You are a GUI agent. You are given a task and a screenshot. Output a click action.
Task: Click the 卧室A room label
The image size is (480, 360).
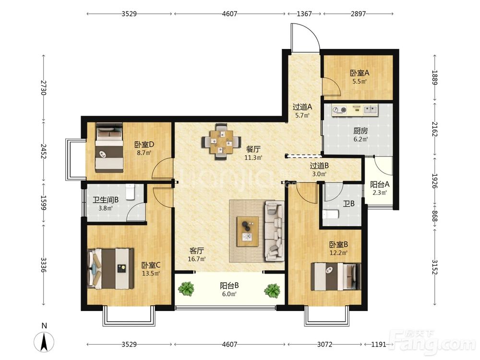tap(360, 73)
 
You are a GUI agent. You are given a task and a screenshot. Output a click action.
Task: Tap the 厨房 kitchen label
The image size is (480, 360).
tap(360, 131)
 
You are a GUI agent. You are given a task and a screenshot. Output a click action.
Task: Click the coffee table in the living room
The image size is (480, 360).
tap(248, 231)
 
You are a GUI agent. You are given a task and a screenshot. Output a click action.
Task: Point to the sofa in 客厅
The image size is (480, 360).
tap(275, 231)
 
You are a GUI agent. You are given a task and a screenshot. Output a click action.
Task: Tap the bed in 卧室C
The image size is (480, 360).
tap(111, 269)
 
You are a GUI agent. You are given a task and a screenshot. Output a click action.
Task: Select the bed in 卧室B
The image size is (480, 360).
tap(336, 277)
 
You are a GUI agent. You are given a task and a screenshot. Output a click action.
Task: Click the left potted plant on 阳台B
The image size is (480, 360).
tap(186, 288)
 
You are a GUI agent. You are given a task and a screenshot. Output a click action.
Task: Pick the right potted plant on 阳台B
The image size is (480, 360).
tap(272, 290)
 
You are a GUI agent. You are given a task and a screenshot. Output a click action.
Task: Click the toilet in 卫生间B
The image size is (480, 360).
tap(131, 192)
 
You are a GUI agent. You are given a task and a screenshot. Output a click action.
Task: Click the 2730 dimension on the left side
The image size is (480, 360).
tap(44, 87)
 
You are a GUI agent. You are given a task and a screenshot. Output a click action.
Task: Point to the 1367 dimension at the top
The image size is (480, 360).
tap(304, 14)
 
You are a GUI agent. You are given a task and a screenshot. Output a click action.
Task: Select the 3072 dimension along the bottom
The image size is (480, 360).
tap(324, 344)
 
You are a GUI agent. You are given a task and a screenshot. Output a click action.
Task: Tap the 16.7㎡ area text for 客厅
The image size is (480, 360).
tap(196, 259)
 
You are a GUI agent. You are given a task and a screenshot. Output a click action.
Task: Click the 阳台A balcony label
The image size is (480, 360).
tap(380, 185)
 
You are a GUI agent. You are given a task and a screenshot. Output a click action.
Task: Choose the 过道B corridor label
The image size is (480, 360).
tap(319, 166)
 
